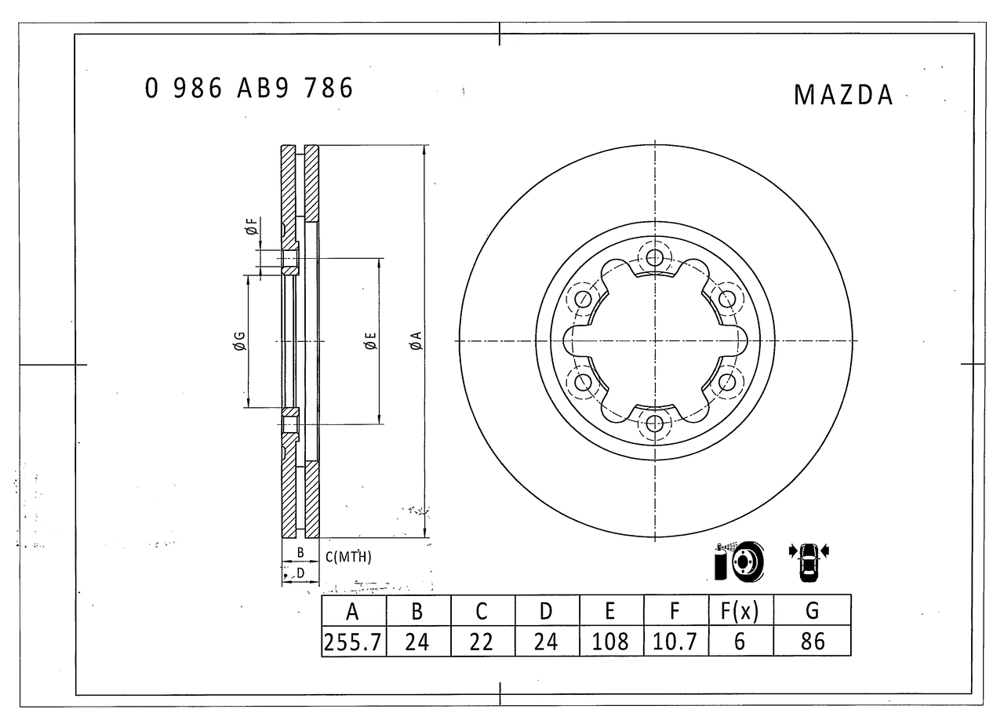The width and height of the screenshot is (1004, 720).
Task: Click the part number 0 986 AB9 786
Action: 249,89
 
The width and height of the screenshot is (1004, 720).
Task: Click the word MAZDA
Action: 843,95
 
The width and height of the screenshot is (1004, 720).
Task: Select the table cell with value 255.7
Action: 353,642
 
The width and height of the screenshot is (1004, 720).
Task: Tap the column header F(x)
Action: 740,610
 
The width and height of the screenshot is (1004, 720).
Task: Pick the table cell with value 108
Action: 611,642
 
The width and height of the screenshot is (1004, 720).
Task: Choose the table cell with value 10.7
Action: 675,642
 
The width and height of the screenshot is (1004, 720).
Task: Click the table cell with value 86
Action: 812,642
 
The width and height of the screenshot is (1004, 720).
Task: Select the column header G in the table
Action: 812,610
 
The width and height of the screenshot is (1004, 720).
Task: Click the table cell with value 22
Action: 482,642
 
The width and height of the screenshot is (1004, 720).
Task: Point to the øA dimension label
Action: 416,340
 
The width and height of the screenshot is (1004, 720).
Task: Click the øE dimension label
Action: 370,340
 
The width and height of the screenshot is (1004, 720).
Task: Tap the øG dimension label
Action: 239,340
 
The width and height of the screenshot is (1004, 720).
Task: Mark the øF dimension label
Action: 250,228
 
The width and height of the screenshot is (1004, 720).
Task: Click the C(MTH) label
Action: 348,558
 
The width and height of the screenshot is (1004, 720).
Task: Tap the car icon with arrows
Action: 808,561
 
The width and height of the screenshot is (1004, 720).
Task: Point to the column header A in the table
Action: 353,610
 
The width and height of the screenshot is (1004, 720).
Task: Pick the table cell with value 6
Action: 740,642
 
